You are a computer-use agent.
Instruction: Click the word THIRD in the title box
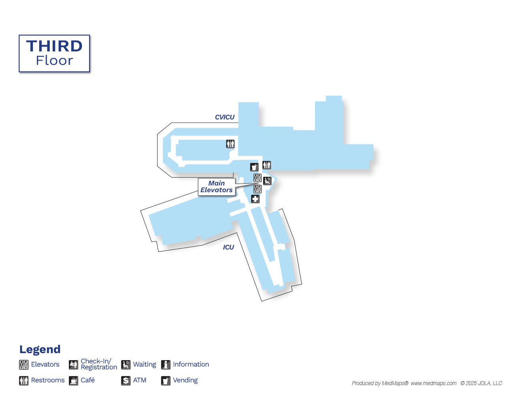tap(54, 46)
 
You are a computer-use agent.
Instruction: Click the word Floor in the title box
tap(54, 60)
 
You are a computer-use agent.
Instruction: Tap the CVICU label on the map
tap(224, 117)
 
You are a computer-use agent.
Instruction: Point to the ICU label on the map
tap(228, 247)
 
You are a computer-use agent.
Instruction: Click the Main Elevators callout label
tap(216, 187)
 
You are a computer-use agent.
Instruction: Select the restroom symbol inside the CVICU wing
tap(230, 144)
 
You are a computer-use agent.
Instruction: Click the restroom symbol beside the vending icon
tap(267, 165)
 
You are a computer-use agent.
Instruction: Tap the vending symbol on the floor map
tap(254, 167)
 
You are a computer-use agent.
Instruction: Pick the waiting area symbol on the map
tap(267, 181)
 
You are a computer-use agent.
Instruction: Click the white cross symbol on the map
tap(255, 199)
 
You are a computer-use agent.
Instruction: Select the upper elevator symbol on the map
tap(257, 178)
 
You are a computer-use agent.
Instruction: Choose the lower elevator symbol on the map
tap(257, 189)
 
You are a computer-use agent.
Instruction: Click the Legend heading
tap(40, 350)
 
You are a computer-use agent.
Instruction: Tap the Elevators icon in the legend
tap(24, 365)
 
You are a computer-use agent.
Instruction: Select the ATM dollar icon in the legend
tap(126, 381)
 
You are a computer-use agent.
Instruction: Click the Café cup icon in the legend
tap(73, 381)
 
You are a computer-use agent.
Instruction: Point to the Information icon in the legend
tap(165, 365)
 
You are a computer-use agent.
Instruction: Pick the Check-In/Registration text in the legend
tap(99, 364)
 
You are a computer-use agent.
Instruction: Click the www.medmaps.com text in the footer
tap(434, 383)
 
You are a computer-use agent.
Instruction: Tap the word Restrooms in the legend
tap(48, 380)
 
